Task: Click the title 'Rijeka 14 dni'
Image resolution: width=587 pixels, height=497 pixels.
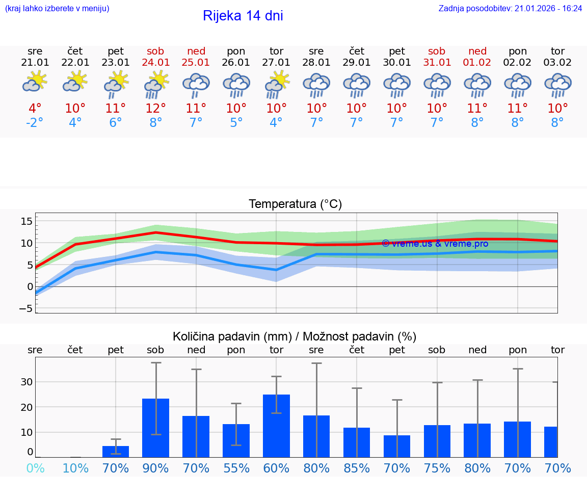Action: tap(243, 16)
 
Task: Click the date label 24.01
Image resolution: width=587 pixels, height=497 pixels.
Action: tap(155, 62)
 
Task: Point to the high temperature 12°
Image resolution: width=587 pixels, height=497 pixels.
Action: tap(155, 109)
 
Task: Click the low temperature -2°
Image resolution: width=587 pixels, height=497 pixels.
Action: tap(35, 123)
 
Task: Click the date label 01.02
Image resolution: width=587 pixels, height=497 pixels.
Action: tap(477, 62)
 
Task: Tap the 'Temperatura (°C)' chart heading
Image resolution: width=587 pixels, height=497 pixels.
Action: tap(295, 204)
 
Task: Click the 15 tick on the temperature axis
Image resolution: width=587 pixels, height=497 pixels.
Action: tap(26, 221)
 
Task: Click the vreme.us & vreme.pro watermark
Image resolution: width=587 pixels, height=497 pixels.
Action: tap(435, 244)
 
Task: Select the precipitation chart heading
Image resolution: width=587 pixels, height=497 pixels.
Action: tap(295, 336)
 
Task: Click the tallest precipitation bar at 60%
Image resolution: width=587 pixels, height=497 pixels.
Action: tap(276, 426)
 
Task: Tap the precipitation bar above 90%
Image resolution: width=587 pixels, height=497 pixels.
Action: tap(155, 428)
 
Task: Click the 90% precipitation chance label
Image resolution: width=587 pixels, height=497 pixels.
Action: tap(155, 468)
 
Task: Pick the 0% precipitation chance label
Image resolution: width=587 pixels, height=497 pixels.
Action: tap(35, 468)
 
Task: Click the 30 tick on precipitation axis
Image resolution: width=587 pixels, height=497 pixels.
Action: tap(26, 382)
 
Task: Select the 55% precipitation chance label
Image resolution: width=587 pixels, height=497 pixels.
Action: tap(236, 468)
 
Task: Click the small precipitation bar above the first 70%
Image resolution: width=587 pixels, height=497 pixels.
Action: tap(116, 452)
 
